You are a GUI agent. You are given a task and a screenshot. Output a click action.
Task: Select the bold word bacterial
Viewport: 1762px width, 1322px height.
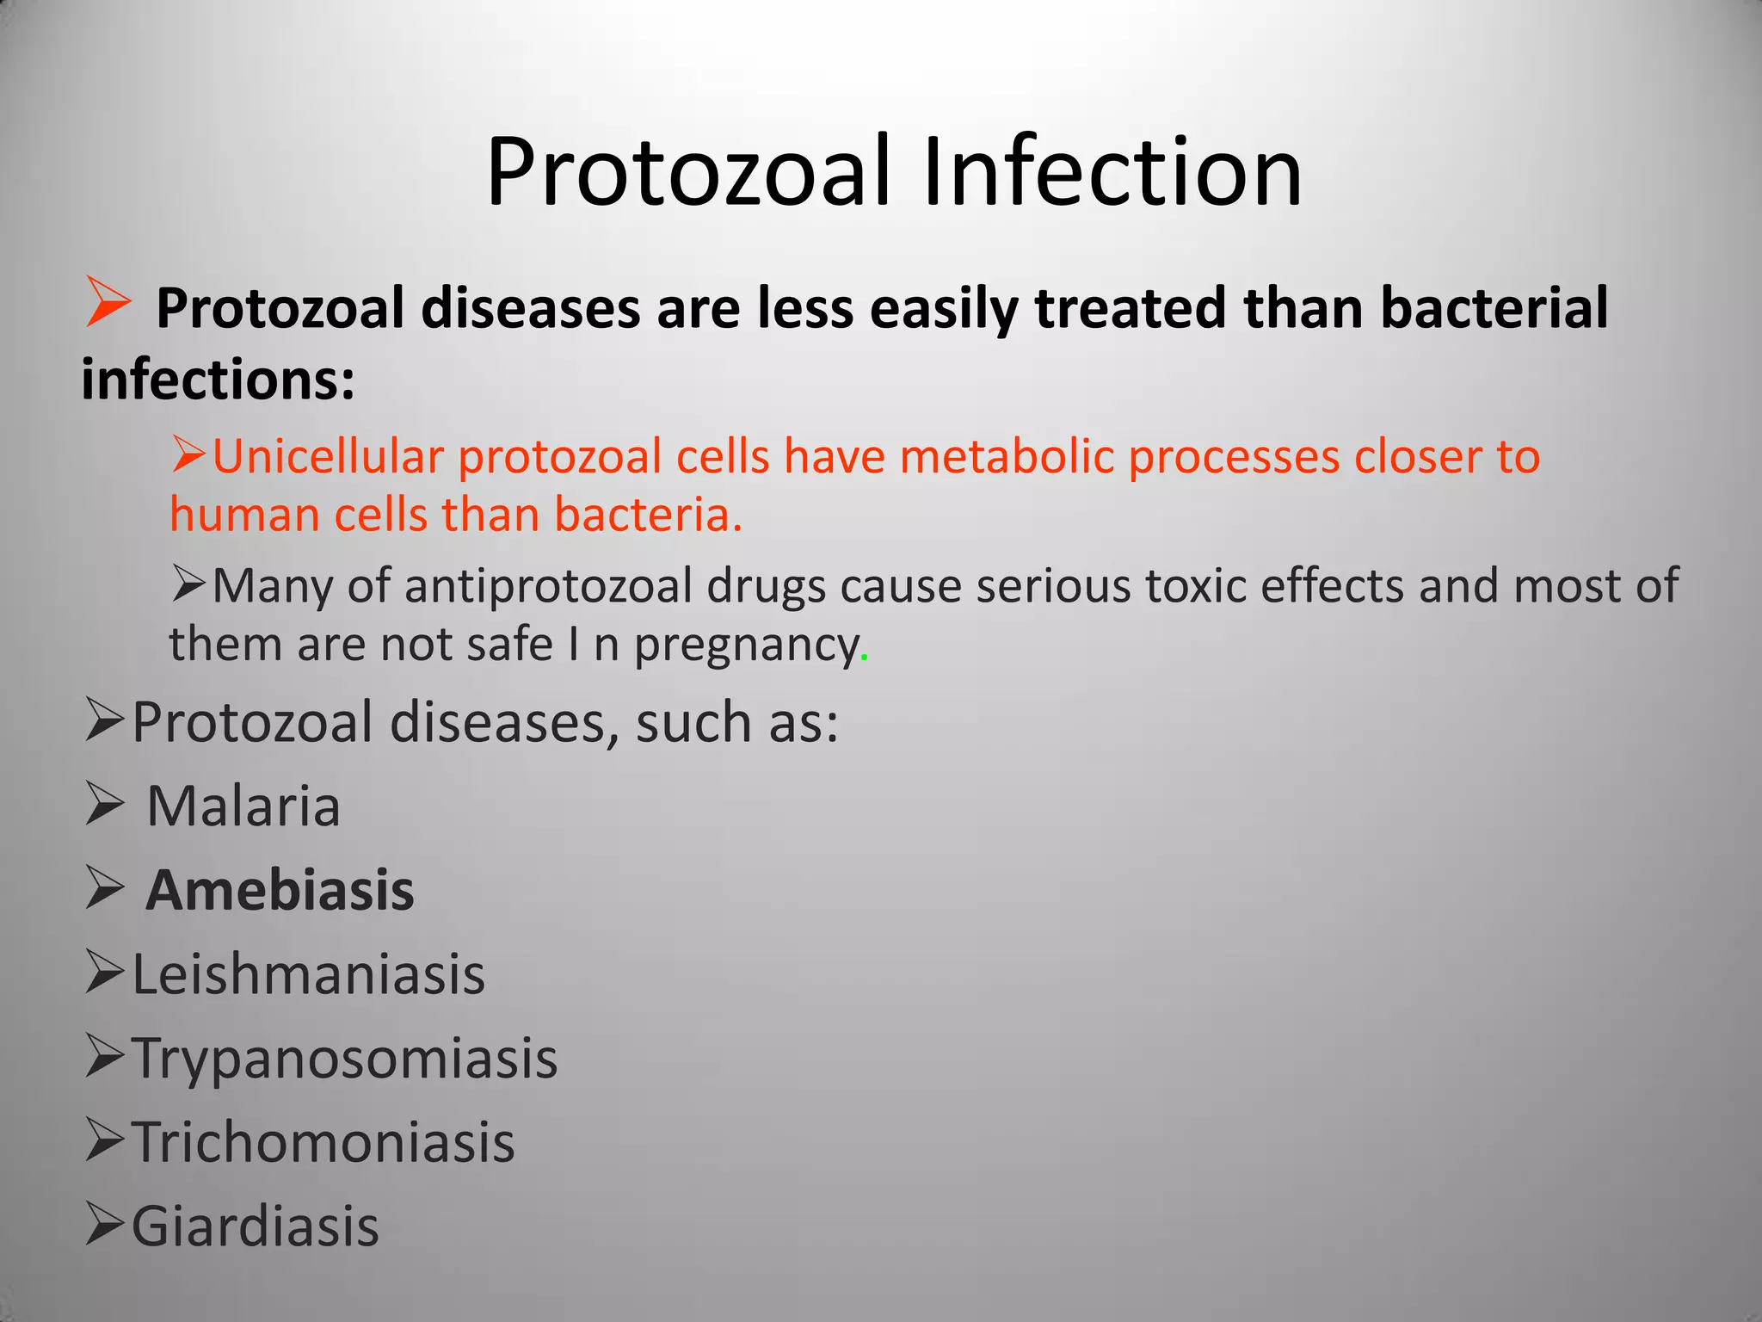pos(1494,308)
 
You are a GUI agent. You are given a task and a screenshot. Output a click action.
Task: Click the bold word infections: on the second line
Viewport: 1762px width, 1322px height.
pos(218,380)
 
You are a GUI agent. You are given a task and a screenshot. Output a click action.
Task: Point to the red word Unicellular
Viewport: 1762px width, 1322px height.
pos(328,456)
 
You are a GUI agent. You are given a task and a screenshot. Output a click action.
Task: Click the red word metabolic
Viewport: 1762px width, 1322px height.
pos(1006,456)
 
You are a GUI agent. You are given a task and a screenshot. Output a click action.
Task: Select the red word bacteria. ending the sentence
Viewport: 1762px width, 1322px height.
pos(647,515)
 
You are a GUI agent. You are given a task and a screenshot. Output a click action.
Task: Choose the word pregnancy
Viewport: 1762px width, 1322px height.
pos(745,646)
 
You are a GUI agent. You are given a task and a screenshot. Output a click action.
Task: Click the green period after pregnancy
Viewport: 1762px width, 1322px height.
pos(864,659)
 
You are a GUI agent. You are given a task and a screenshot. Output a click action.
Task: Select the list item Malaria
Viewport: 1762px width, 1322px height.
pos(243,807)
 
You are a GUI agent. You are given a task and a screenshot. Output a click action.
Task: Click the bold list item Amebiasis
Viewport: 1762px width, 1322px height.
pos(280,891)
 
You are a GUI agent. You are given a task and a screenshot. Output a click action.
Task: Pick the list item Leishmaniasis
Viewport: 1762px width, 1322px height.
pos(308,975)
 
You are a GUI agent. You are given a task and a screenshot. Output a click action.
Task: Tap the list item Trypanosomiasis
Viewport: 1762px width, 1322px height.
pos(344,1059)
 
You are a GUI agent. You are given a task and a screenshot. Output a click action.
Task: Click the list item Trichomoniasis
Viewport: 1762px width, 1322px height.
pos(323,1143)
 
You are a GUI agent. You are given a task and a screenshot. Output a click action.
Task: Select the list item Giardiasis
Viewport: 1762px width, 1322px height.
pos(255,1226)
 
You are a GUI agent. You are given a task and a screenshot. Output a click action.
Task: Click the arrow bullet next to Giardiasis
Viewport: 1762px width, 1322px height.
pos(105,1226)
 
